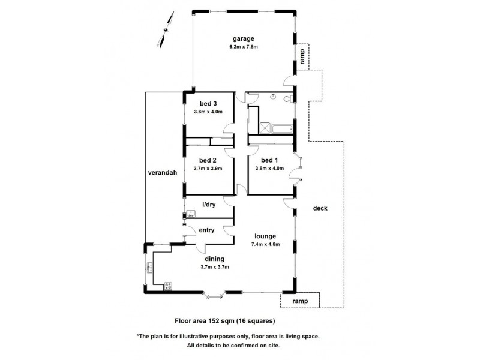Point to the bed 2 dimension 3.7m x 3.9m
coord(208,169)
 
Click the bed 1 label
coord(269,160)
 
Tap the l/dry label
coord(208,205)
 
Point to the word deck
coord(320,208)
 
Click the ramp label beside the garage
coord(303,56)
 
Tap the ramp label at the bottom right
coord(300,300)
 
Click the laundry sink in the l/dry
coord(190,213)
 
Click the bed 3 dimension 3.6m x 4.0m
coord(208,112)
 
